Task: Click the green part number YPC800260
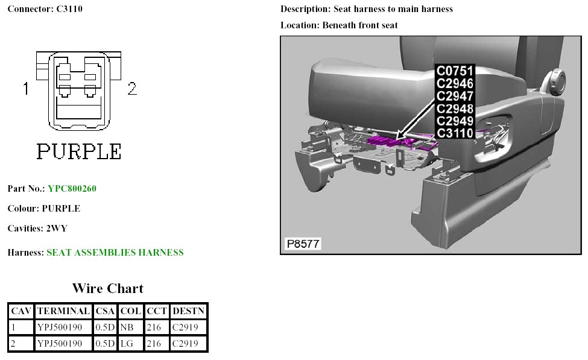72,189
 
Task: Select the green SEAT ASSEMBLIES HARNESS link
115,253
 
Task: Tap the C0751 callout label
455,71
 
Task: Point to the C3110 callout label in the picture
455,133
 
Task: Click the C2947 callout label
455,96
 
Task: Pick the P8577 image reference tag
303,244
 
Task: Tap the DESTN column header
189,311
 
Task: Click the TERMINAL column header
63,311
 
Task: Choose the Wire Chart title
107,288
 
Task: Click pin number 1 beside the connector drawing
26,89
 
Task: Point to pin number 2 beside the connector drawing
132,89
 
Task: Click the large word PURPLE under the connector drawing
79,151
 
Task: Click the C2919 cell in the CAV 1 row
189,327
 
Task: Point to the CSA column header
105,311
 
